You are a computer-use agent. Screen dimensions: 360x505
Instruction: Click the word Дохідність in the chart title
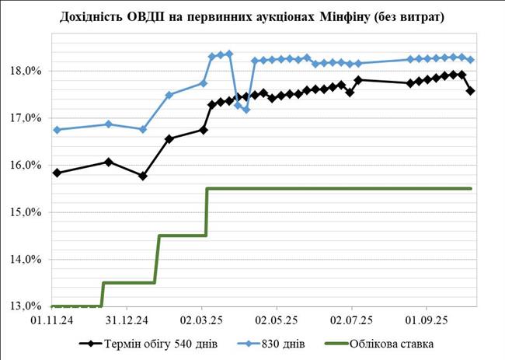point(97,16)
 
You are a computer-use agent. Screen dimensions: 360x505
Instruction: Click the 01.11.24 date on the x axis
point(52,319)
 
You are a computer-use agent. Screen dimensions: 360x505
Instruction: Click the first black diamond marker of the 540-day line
point(57,173)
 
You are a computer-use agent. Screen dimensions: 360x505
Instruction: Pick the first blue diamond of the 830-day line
point(57,130)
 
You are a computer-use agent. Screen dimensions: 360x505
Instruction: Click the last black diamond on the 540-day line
point(471,91)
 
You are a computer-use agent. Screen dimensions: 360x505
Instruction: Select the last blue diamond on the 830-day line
point(471,60)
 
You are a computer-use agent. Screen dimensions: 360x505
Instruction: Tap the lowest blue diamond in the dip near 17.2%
point(246,110)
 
